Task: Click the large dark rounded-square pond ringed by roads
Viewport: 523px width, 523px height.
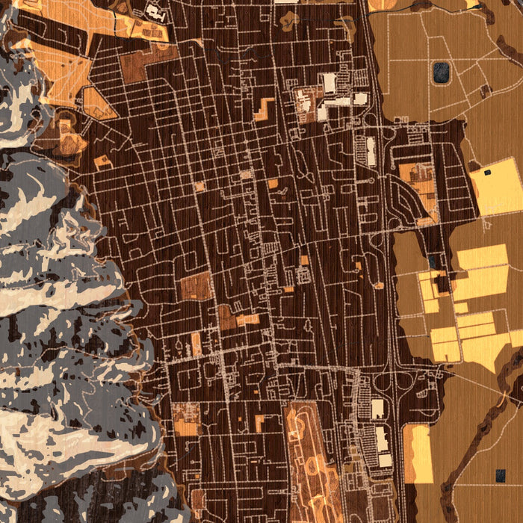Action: (x=441, y=72)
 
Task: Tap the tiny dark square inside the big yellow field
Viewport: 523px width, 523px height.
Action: (x=488, y=173)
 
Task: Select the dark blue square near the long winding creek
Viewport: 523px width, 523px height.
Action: (x=499, y=474)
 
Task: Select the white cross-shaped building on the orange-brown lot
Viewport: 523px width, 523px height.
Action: (x=155, y=11)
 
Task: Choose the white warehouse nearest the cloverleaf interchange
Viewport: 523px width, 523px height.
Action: (x=377, y=409)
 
